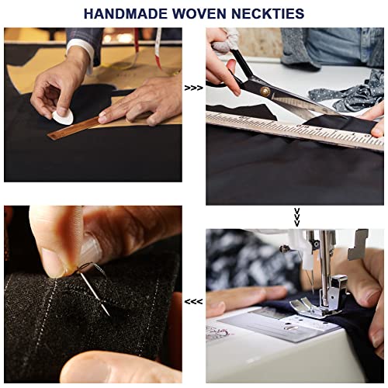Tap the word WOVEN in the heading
pos(206,13)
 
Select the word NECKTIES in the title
pos(268,13)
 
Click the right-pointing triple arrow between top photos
pos(194,88)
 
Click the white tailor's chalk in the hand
pos(62,114)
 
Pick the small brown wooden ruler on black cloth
pos(78,126)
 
